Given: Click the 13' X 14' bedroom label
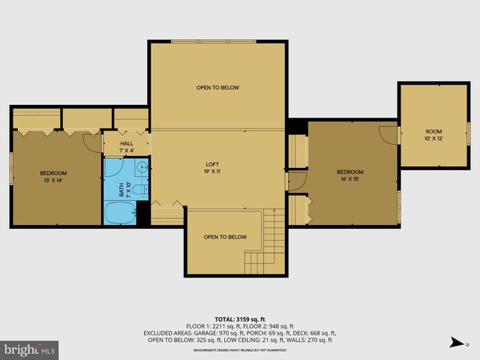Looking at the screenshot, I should click(x=53, y=177).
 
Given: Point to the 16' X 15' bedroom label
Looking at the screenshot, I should click(x=349, y=175).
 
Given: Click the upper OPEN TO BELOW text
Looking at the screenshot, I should click(x=217, y=88).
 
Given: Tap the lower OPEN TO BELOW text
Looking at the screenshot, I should click(x=225, y=237).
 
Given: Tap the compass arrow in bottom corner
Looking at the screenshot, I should click(x=455, y=343).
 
